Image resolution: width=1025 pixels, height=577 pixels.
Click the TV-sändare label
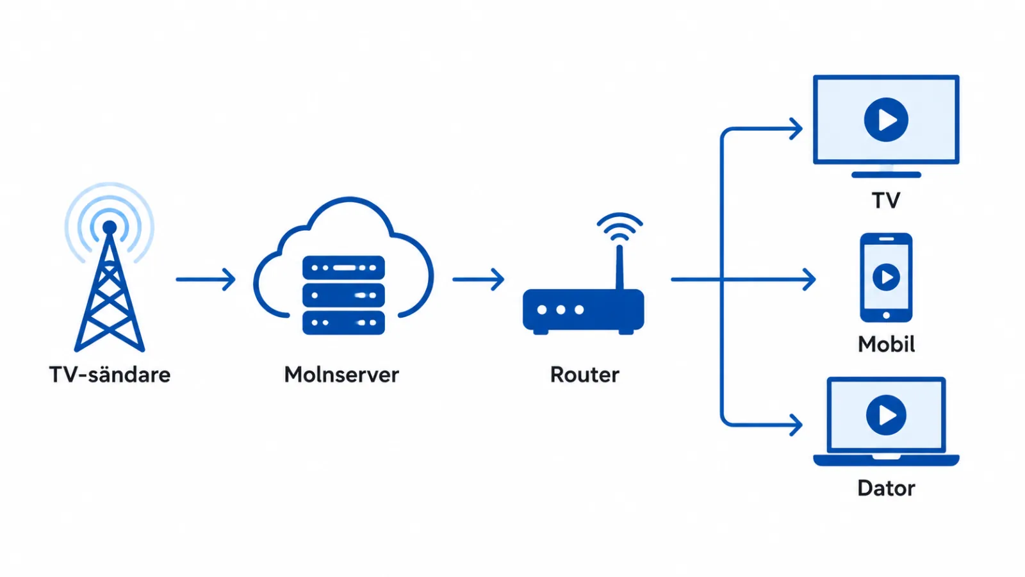pos(110,375)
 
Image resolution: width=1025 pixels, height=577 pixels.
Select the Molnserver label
pos(341,375)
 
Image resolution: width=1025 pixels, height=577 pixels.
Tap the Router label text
pos(584,375)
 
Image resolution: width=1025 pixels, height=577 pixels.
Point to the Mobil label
pos(886,345)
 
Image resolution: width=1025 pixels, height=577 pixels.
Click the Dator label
pos(886,488)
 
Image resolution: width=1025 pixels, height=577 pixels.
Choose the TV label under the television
pos(886,200)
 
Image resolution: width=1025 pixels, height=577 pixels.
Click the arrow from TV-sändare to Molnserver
pos(206,279)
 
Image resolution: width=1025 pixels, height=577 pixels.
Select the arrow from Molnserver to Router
pos(478,279)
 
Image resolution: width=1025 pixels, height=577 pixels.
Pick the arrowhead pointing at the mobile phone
pos(809,279)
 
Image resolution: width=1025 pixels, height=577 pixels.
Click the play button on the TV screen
pos(886,120)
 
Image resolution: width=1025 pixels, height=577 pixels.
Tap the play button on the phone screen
pos(886,277)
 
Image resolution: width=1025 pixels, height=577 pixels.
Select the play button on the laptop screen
pos(886,415)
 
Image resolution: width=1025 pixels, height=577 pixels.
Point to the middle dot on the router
pos(561,310)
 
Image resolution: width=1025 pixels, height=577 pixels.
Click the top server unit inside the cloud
pos(343,268)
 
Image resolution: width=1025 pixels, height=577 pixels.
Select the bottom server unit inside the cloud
pos(343,323)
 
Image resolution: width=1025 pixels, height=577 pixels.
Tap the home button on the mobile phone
pos(886,315)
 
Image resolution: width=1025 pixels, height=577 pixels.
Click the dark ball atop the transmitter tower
pos(110,227)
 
